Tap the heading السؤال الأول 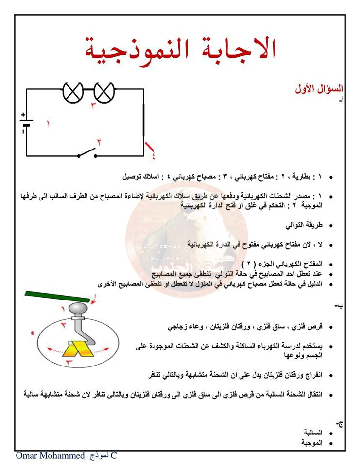click(x=319, y=89)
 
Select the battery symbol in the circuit click(x=26, y=124)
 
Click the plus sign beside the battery click(x=22, y=115)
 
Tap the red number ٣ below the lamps click(x=93, y=105)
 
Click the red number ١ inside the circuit click(x=48, y=124)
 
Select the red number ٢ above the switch click(x=99, y=142)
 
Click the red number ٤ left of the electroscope click(x=33, y=333)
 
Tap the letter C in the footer click(x=114, y=456)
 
